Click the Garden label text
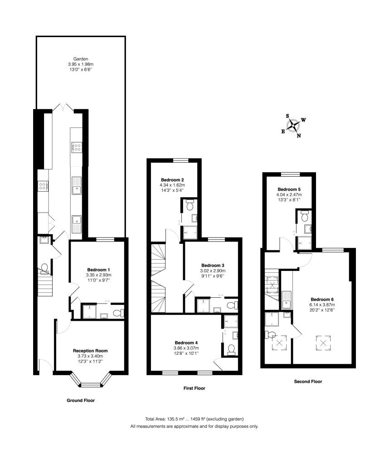click(81, 59)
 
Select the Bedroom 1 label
click(98, 270)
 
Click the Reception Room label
click(90, 350)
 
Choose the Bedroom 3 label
click(213, 265)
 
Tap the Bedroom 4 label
click(186, 343)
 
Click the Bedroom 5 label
click(290, 189)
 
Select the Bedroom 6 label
click(322, 299)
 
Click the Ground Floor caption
click(81, 401)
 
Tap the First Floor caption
click(194, 388)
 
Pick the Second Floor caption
click(308, 382)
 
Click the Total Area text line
click(194, 419)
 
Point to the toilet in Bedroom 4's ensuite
click(232, 349)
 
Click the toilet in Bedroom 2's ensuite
click(190, 205)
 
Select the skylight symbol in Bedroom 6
click(324, 343)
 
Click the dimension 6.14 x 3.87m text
click(322, 306)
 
